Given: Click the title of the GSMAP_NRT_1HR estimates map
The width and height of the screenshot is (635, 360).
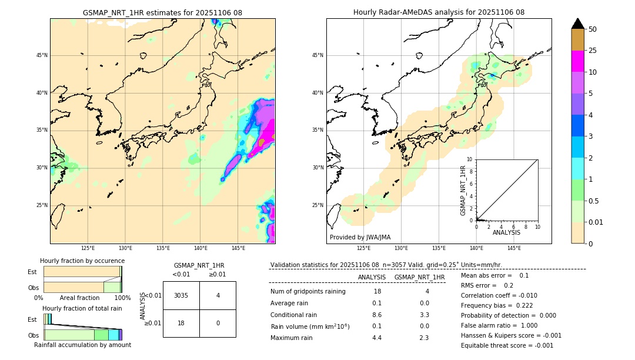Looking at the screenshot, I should tap(162, 12).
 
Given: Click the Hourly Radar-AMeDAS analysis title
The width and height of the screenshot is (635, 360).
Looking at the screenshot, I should tap(439, 12).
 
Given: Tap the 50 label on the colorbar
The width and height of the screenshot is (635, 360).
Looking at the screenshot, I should tap(593, 29).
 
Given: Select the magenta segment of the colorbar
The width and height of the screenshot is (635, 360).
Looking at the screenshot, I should tap(578, 61).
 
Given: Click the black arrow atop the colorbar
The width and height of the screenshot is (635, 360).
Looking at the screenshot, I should tap(578, 23).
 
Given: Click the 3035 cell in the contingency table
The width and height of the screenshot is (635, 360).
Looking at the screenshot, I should tap(181, 295).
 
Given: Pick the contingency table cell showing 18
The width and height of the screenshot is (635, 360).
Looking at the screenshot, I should tap(181, 323).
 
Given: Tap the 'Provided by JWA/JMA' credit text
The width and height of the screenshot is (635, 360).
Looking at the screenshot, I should tap(360, 237).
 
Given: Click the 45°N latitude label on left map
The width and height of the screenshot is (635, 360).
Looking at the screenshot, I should tap(42, 55).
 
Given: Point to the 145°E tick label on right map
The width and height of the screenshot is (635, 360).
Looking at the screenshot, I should tap(514, 248).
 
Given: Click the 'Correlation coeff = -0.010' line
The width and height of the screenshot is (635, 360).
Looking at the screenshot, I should tap(499, 295).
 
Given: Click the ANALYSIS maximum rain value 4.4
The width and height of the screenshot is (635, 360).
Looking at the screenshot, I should tap(377, 338).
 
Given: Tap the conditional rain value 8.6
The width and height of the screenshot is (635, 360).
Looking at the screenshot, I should tap(377, 315).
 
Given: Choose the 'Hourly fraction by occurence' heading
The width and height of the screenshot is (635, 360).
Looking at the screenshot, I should tap(82, 261).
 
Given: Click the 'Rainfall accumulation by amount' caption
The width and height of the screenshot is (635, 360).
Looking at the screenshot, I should tap(82, 345).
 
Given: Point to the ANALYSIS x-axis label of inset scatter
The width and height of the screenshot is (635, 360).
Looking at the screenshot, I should tap(506, 232).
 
